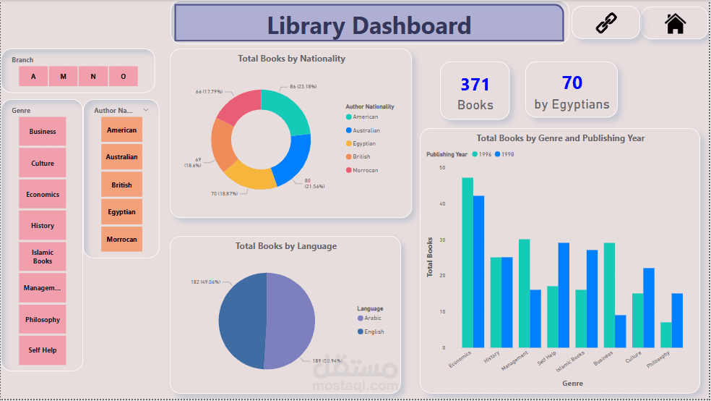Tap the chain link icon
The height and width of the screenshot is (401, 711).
click(606, 23)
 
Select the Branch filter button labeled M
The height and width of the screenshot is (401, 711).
click(63, 76)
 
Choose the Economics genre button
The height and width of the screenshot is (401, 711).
click(43, 195)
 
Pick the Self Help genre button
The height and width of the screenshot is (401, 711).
click(43, 350)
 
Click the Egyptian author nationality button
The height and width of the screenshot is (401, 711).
click(121, 211)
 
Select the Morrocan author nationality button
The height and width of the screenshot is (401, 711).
click(121, 240)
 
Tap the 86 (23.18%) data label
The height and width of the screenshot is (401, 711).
click(303, 86)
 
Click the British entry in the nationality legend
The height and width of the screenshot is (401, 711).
click(358, 156)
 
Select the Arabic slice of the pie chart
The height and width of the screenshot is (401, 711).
click(290, 321)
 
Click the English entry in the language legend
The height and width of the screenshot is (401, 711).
click(371, 332)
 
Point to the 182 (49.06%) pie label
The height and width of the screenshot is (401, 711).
click(205, 282)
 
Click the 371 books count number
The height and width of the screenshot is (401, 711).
click(475, 85)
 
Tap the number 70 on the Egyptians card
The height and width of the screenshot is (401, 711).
click(572, 83)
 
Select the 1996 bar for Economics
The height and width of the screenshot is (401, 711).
click(467, 263)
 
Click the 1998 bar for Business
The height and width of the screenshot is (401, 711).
click(620, 332)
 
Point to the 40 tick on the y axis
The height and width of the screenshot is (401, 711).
click(442, 203)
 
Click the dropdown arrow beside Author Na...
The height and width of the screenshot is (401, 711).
click(146, 110)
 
